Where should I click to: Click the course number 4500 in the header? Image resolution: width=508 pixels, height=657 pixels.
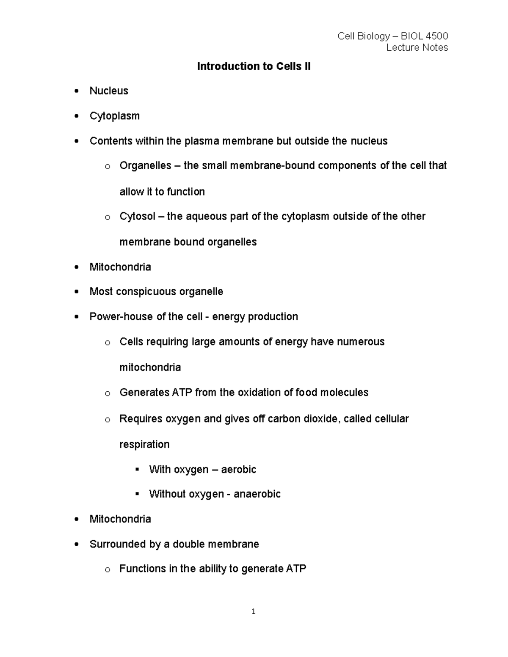(437, 36)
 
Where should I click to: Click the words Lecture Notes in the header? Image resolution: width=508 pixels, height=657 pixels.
(417, 47)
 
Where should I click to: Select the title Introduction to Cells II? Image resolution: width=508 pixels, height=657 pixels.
(254, 66)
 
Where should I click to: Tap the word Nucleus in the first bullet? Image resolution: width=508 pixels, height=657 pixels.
(109, 91)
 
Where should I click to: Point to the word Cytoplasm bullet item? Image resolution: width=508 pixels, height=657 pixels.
(114, 116)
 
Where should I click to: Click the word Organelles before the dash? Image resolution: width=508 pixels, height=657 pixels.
(145, 165)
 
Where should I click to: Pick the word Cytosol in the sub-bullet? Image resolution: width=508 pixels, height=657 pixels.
(137, 216)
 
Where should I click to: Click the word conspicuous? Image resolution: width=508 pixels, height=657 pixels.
(146, 292)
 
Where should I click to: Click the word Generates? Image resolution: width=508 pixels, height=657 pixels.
(144, 393)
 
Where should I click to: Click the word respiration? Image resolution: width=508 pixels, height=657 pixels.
(144, 445)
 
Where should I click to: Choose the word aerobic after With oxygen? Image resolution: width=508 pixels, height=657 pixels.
(238, 470)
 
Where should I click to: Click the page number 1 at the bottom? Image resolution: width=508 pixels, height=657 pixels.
(253, 611)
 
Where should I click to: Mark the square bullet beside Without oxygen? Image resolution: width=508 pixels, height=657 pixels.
(137, 494)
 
